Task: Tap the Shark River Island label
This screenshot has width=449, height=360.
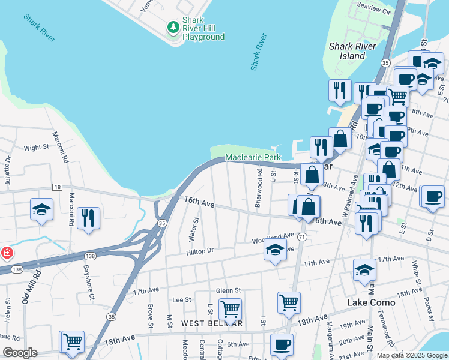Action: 352,51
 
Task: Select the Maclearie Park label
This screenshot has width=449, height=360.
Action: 253,157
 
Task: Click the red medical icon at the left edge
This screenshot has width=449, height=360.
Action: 6,253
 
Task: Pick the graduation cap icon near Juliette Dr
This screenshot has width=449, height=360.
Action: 41,209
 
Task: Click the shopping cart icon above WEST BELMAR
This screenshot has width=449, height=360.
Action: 230,309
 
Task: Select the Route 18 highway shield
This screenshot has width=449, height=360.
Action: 57,187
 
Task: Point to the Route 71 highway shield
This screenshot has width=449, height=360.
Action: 303,238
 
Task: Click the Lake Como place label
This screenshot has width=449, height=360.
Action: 371,302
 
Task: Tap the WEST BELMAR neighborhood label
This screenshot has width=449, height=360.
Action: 212,323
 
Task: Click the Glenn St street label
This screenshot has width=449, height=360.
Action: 228,290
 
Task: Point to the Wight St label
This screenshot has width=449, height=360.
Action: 36,148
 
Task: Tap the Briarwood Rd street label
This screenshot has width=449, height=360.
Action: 258,188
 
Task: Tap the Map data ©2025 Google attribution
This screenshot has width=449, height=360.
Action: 412,355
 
